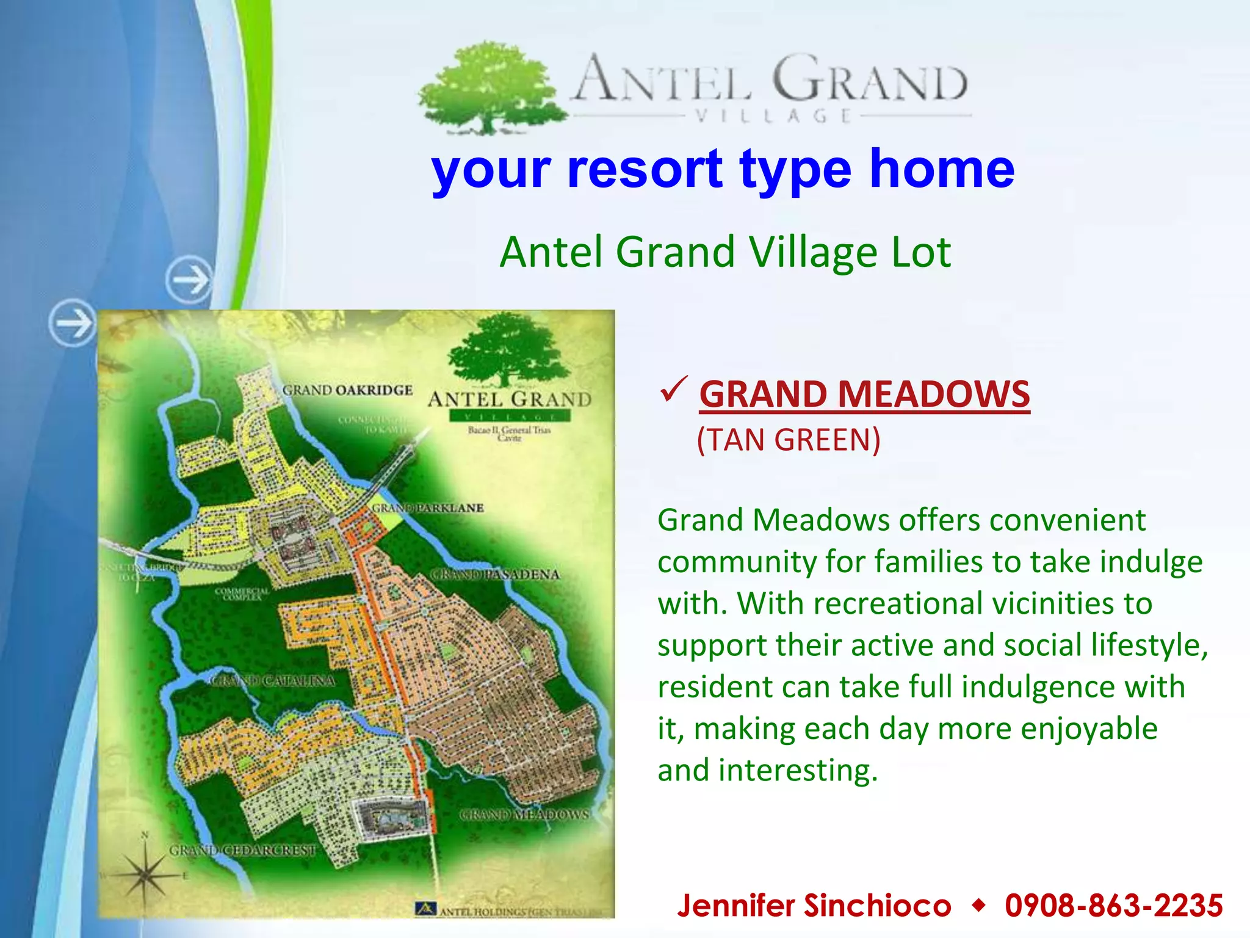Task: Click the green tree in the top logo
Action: [488, 85]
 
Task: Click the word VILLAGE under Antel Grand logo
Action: [773, 116]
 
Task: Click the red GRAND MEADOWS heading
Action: [864, 394]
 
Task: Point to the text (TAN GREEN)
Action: [789, 440]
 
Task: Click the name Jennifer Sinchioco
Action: [814, 905]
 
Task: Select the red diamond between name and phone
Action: [978, 905]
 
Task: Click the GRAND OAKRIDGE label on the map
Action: [347, 390]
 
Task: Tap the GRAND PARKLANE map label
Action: [428, 508]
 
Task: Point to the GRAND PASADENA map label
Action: [495, 574]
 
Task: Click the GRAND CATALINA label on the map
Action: [272, 680]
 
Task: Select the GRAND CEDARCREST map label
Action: [243, 850]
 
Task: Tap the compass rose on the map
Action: [145, 874]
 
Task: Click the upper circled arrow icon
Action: [190, 280]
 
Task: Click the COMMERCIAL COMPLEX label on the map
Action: [242, 594]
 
